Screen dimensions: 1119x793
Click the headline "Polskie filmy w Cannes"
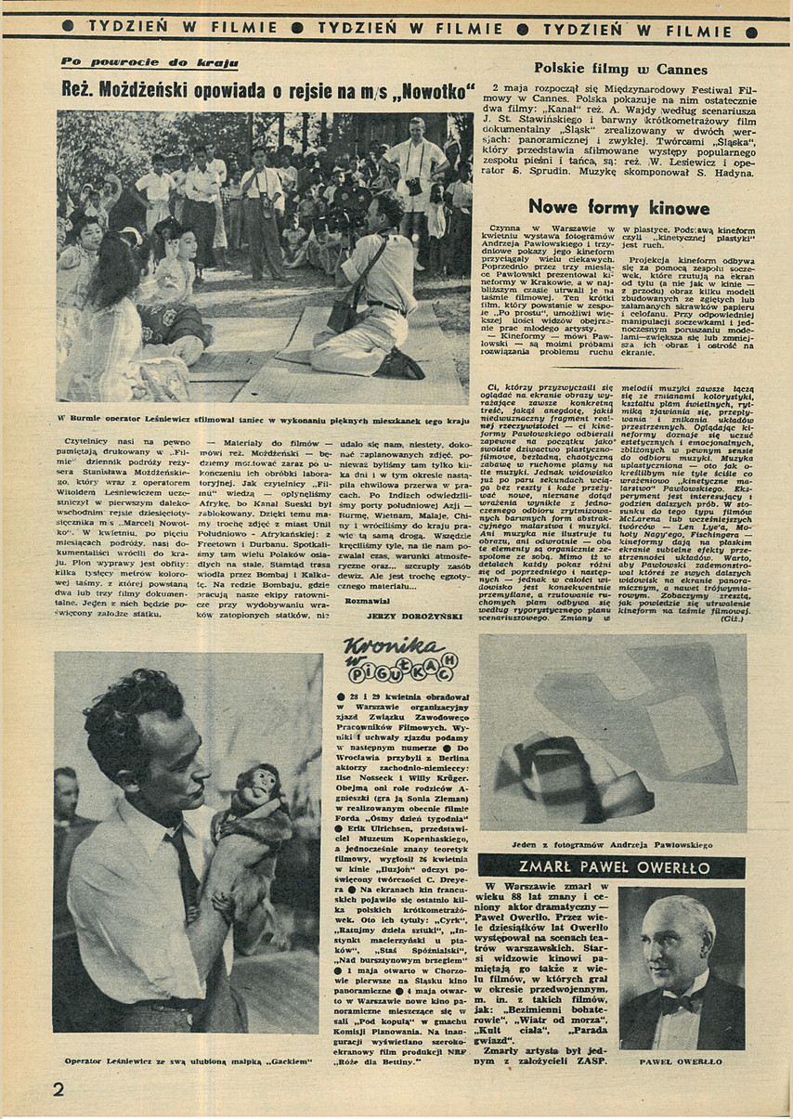(x=619, y=70)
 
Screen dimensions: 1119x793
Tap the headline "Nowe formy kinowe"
(x=618, y=206)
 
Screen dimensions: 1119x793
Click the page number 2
(x=58, y=1088)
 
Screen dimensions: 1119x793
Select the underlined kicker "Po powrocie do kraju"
(x=149, y=63)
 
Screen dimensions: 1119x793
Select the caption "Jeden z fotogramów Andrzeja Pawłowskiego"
(x=611, y=844)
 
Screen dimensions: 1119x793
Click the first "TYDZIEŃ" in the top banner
(x=127, y=27)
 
